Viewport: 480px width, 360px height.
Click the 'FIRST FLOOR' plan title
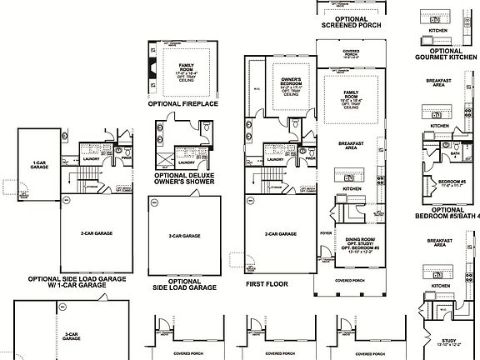(266, 283)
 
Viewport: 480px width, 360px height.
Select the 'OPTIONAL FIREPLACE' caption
(182, 105)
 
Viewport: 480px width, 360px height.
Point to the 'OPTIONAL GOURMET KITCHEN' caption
(446, 55)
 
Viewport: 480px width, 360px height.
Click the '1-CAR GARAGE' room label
(38, 165)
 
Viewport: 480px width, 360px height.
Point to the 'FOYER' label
(326, 221)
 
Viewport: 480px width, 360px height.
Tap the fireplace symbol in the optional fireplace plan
(152, 68)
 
